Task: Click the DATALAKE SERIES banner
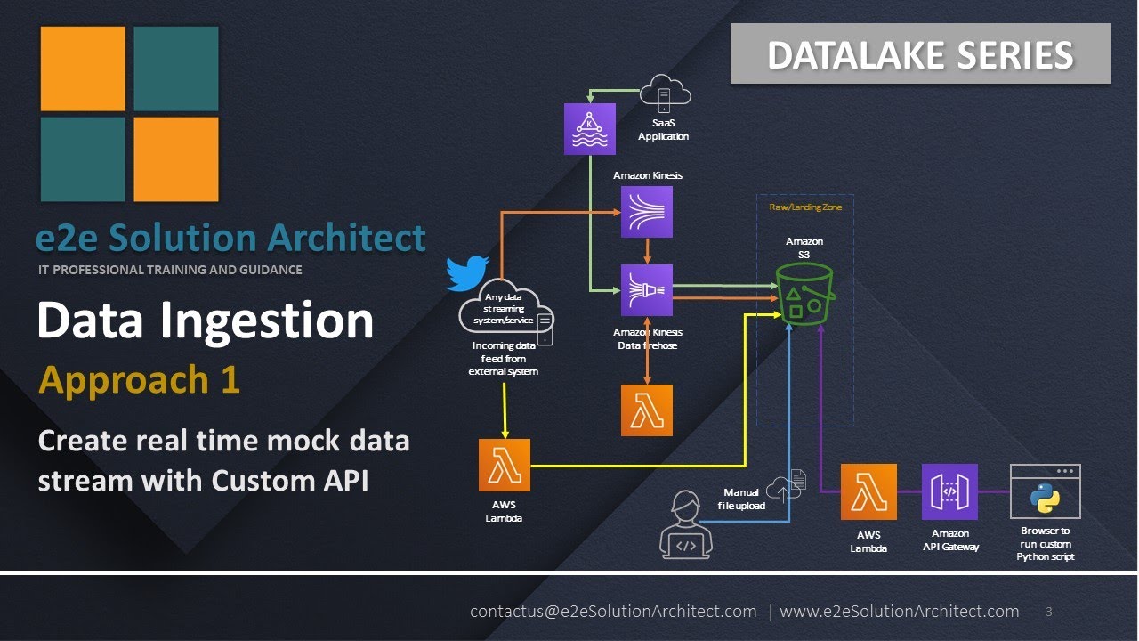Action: (920, 54)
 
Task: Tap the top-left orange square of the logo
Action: (83, 69)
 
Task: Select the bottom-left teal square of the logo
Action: (83, 159)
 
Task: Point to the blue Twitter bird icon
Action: (468, 273)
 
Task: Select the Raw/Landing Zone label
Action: (804, 207)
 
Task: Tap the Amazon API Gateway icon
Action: (949, 491)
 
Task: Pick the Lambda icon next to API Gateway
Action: (868, 491)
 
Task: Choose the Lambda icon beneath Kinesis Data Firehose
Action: (647, 410)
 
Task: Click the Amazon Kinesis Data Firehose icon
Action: (647, 290)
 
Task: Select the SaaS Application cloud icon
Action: (665, 93)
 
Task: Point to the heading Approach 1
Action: (139, 380)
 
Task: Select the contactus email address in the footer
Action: (613, 612)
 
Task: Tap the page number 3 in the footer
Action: (1049, 612)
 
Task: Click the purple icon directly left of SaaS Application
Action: (590, 129)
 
